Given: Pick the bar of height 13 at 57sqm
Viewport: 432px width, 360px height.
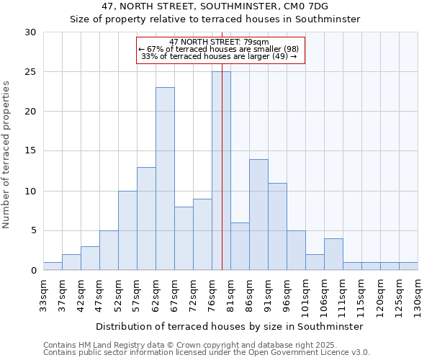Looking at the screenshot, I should (x=146, y=219).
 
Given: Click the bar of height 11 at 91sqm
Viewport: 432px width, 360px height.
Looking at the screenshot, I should (x=277, y=227).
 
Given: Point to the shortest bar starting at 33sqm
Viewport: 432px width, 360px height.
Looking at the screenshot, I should (x=53, y=266).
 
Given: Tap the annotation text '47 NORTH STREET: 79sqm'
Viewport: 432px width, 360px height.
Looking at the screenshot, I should (x=220, y=42).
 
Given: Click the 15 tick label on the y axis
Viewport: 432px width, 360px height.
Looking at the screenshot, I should (x=30, y=151).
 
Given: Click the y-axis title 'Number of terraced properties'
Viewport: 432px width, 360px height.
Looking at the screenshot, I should (x=7, y=154).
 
